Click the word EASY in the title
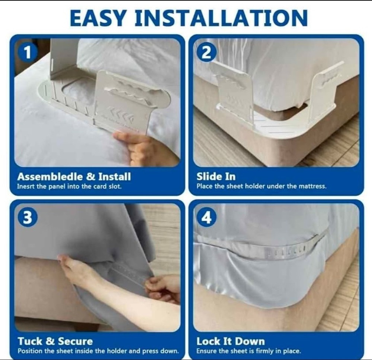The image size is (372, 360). pos(98,18)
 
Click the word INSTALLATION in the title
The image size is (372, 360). pos(221,18)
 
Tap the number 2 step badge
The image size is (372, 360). pos(206,53)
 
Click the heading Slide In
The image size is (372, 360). pos(216,176)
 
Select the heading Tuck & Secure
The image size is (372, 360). pos(55,341)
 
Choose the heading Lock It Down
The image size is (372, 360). pos(230,341)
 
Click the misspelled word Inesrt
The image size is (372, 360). pos(25,187)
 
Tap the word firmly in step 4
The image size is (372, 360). pos(265,351)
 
